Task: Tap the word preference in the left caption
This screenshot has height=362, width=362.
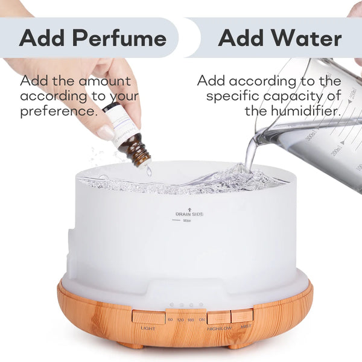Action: click(59, 112)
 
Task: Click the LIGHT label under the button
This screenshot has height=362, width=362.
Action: click(148, 328)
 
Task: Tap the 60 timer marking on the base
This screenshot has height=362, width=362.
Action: click(170, 319)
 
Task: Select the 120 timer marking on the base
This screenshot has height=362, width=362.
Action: click(180, 319)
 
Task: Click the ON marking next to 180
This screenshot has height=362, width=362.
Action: click(202, 319)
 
